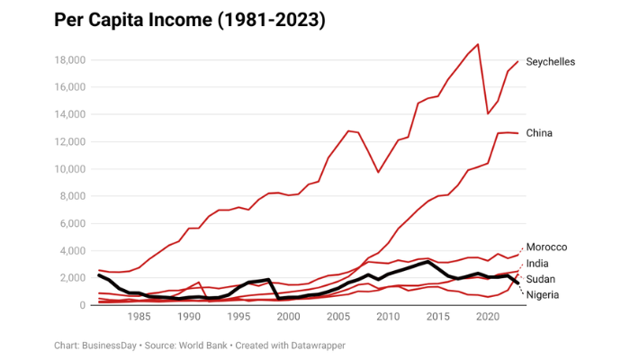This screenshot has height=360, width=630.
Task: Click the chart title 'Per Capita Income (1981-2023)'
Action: coord(177,19)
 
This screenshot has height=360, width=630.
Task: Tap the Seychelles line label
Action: coord(550,61)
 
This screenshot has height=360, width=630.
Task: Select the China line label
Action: coord(539,133)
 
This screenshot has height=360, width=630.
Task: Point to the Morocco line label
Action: coord(546,247)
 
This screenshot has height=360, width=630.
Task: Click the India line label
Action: coord(537,263)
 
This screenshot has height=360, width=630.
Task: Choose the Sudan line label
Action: coord(540,279)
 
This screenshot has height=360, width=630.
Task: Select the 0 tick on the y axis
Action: coord(82,305)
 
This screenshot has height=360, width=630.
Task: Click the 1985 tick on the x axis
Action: coord(139,317)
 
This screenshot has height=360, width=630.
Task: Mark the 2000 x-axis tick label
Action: coord(288,317)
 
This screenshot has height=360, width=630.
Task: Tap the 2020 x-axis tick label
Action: coord(487,317)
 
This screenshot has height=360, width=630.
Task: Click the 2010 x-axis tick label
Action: coord(388,317)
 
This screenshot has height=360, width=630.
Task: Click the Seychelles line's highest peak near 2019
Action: coord(478,44)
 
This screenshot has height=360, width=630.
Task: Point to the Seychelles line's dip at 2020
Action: coord(488,113)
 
